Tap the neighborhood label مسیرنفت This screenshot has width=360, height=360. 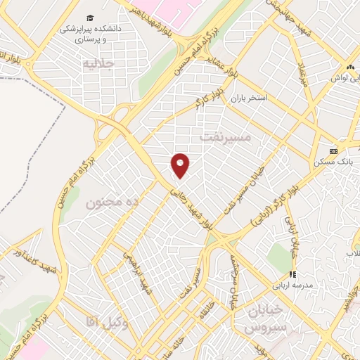(x=225, y=137)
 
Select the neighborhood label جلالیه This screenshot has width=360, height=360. (x=98, y=65)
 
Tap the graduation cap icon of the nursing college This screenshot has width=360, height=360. (x=90, y=18)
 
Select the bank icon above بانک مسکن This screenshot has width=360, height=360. (x=333, y=151)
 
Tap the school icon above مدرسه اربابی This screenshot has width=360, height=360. (x=292, y=275)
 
